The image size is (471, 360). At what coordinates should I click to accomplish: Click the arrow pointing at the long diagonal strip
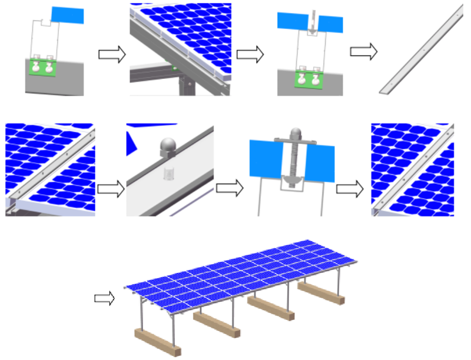click(363, 52)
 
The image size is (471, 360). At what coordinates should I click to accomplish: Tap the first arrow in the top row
click(111, 55)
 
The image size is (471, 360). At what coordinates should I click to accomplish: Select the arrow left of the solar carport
click(105, 299)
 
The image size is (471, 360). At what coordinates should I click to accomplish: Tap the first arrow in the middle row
click(111, 188)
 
